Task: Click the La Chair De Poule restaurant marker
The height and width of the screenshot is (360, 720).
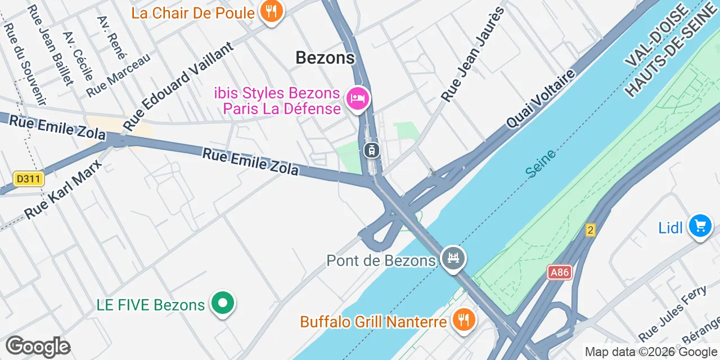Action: [x=272, y=11]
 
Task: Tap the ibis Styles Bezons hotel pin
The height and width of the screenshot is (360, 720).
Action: [x=358, y=100]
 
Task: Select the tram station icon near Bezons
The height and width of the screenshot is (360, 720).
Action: [x=371, y=150]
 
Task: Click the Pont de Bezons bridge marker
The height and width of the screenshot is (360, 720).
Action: [x=453, y=259]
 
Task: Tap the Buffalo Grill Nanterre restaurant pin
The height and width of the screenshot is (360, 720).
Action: [x=463, y=321]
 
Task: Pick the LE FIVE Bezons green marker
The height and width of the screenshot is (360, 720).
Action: [x=223, y=304]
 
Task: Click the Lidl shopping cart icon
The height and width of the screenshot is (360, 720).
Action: [x=700, y=227]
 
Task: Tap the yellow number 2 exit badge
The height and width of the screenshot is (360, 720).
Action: [x=590, y=229]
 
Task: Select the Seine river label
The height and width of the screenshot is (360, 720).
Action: [x=541, y=163]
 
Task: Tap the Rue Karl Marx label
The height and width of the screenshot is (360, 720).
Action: [x=64, y=189]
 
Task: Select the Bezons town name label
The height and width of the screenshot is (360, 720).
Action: [x=325, y=57]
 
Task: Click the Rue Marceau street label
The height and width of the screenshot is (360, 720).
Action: [x=119, y=75]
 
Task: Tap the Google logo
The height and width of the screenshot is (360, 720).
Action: [x=38, y=346]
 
